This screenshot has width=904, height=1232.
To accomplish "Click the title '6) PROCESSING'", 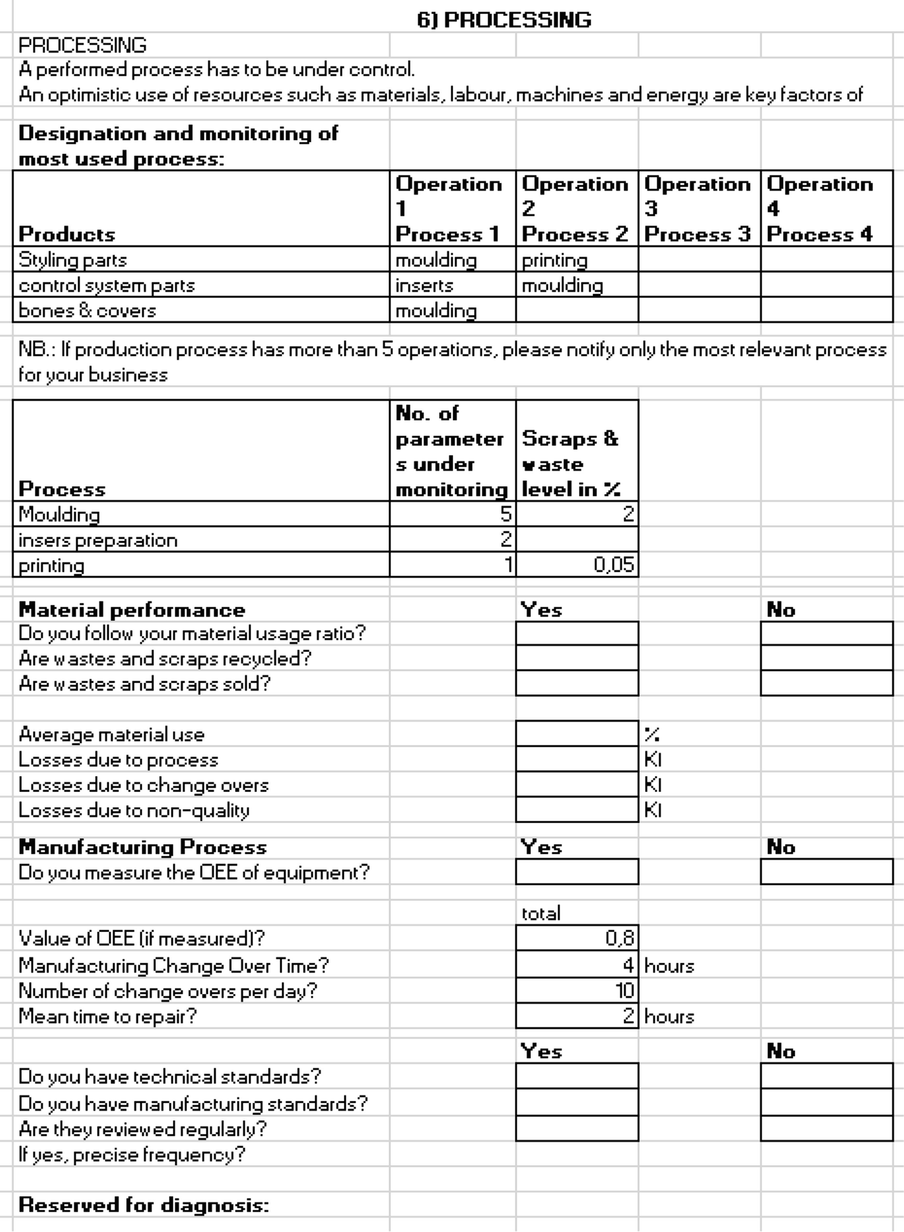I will [504, 20].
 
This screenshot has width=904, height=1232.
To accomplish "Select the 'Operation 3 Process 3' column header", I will [698, 209].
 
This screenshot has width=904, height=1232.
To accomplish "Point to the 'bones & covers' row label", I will [87, 310].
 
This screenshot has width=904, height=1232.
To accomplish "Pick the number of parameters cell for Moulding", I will [452, 514].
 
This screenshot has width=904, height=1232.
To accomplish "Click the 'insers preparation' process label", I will [98, 540].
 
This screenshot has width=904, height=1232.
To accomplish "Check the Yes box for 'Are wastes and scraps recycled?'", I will [577, 658].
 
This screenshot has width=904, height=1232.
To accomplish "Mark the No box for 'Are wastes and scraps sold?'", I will [826, 683].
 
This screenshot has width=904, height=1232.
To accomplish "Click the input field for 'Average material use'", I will [577, 733].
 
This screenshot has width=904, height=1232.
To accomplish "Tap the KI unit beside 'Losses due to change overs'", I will [653, 785].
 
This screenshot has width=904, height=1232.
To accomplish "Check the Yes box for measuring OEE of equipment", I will [577, 872].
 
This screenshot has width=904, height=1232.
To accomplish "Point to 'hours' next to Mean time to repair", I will [669, 1016].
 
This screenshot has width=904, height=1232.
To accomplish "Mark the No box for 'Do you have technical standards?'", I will [826, 1076].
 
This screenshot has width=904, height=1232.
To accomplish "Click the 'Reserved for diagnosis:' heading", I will [144, 1204].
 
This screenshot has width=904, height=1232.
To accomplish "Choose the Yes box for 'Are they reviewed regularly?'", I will [577, 1129].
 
